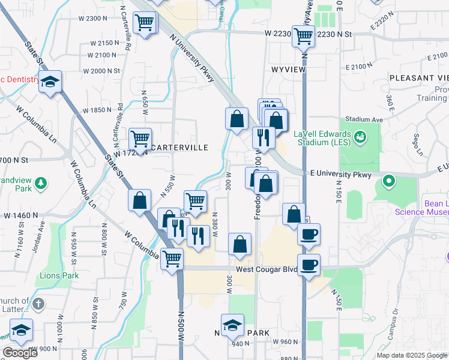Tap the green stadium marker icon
coord(360,137)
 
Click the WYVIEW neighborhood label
coord(289,70)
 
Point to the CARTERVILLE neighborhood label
coord(179,148)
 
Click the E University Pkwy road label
coord(342,174)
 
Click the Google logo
coord(20,353)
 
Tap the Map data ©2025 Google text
coord(412,355)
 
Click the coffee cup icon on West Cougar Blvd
coord(309,265)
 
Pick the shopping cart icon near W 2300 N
coord(145,24)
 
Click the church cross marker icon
coord(39,304)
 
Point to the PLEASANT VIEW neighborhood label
coord(419,78)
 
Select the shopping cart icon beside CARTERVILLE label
coord(140,139)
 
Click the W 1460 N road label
coord(20,215)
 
